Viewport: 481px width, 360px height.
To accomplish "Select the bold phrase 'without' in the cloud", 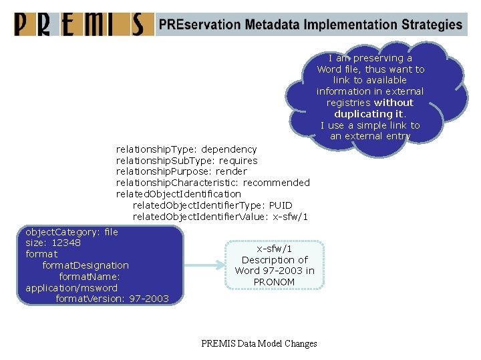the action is click(393, 103).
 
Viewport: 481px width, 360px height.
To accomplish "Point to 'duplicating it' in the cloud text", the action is click(369, 114).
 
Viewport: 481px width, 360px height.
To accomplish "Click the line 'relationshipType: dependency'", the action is click(186, 149).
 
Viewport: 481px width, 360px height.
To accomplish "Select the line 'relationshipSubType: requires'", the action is click(186, 161).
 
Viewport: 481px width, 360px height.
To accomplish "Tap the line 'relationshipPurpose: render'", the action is click(181, 171).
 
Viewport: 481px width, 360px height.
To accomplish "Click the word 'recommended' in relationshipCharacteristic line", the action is click(277, 183).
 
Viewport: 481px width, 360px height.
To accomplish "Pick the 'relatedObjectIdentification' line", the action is click(178, 193).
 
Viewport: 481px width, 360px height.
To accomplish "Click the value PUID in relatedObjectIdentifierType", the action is click(281, 205).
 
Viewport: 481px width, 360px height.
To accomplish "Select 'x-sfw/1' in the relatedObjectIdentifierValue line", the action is click(289, 217).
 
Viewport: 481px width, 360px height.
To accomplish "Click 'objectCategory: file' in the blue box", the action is click(71, 232).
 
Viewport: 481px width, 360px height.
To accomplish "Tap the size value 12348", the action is click(66, 243).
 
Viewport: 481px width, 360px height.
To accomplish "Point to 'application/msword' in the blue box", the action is click(71, 288).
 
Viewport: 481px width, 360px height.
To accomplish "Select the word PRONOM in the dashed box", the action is click(274, 282).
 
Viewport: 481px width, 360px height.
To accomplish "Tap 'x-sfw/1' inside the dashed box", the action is click(274, 248).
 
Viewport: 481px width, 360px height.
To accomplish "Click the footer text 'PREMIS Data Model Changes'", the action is click(259, 344).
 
